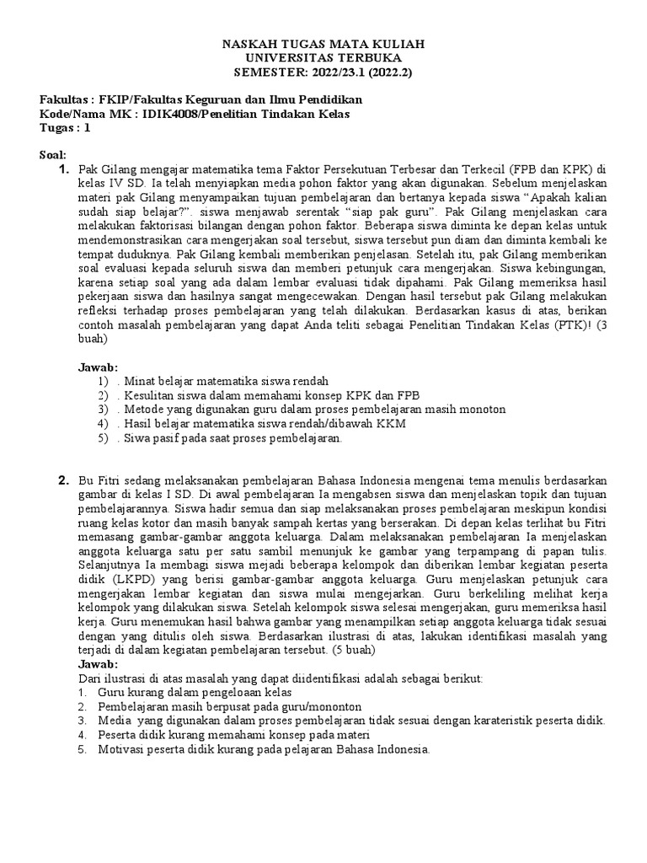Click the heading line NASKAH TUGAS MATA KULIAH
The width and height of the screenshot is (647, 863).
click(x=323, y=43)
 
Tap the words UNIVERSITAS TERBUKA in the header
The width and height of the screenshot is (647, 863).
click(x=323, y=57)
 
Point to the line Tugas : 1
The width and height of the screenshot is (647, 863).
click(x=65, y=128)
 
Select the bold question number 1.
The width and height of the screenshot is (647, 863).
click(x=62, y=171)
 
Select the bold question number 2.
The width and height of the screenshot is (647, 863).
click(x=62, y=480)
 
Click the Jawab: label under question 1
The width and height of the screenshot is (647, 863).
click(x=98, y=367)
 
